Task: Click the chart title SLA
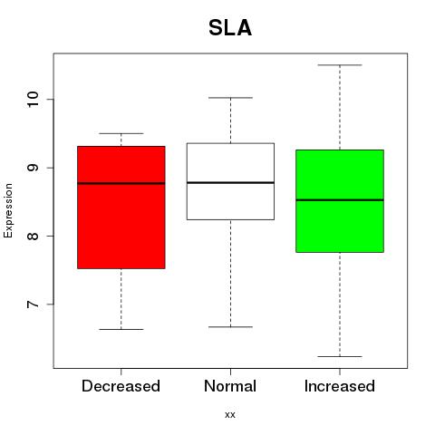tap(230, 28)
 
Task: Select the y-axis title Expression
tap(8, 210)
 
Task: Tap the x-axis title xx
tap(230, 414)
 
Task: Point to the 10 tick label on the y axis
tap(33, 99)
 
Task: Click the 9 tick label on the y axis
tap(33, 168)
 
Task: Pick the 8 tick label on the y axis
tap(33, 236)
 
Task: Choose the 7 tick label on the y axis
tap(33, 304)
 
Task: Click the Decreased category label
tap(121, 386)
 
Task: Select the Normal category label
tap(230, 386)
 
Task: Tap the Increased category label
tap(340, 386)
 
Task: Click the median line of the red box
tap(121, 183)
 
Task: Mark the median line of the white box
tap(230, 182)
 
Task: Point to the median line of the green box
tap(340, 200)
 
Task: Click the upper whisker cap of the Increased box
tap(340, 65)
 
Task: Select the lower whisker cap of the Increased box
tap(340, 356)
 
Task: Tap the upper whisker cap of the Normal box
tap(230, 98)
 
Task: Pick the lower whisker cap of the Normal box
tap(230, 327)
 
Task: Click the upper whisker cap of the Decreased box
tap(121, 133)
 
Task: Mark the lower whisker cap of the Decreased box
tap(121, 329)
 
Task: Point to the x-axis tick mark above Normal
tap(230, 372)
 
